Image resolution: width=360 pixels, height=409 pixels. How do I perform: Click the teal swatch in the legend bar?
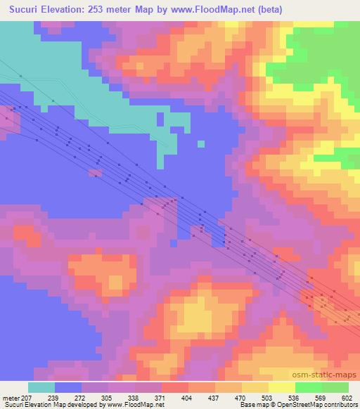pyautogui.click(x=41, y=387)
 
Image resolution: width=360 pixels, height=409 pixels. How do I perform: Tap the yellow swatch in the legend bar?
pyautogui.click(x=281, y=387)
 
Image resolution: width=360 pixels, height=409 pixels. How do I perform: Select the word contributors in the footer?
pyautogui.click(x=340, y=405)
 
